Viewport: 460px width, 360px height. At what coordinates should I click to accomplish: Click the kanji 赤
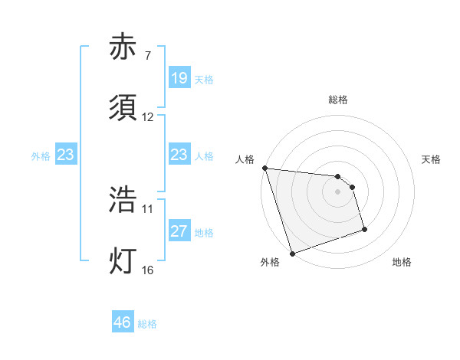(123, 48)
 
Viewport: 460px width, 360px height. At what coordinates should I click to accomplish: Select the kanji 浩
(123, 200)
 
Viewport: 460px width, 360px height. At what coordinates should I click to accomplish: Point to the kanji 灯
(123, 261)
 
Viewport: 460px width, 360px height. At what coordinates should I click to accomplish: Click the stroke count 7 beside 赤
(147, 56)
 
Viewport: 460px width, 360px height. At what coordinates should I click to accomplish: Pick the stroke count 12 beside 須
(148, 117)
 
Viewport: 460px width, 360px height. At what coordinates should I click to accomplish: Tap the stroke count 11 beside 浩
(148, 208)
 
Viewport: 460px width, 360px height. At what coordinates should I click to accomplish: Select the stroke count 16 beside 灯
(148, 269)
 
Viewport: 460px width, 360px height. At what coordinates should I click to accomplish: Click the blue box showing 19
(179, 78)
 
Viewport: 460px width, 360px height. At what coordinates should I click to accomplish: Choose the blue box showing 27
(179, 231)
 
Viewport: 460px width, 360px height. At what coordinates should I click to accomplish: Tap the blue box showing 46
(123, 322)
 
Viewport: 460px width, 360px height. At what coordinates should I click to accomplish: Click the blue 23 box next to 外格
(66, 155)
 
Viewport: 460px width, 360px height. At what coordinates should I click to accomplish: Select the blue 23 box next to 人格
(179, 155)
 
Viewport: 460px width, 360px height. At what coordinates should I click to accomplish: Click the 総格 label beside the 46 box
(147, 323)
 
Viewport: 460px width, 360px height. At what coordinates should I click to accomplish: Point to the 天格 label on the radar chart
(432, 159)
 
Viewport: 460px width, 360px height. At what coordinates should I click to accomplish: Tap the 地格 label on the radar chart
(402, 262)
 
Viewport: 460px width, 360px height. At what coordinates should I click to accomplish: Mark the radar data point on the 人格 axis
(264, 168)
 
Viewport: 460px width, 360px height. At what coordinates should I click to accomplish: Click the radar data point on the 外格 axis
(292, 253)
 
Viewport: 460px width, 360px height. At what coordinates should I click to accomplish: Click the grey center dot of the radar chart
(337, 191)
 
